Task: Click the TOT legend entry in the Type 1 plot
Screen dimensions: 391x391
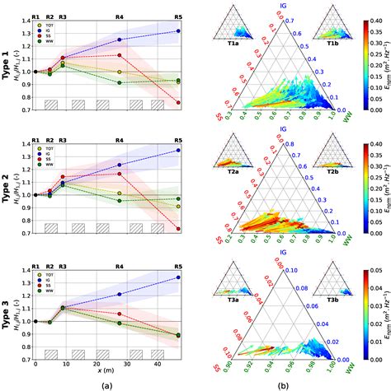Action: (x=45, y=25)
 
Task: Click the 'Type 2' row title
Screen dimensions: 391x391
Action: (x=7, y=180)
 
